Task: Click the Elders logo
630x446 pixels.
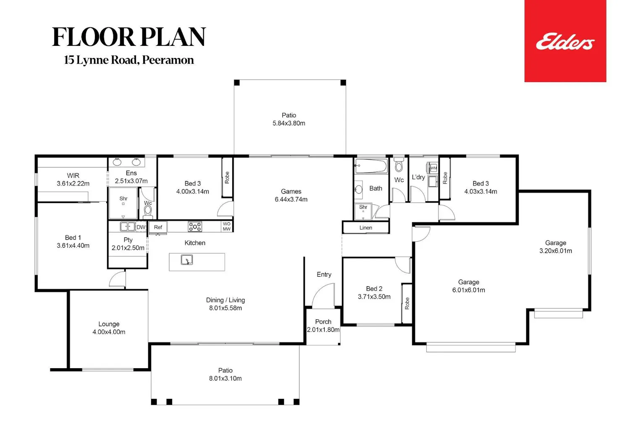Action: click(x=565, y=41)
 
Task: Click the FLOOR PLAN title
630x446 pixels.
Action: click(x=129, y=37)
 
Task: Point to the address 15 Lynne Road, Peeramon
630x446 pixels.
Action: click(x=129, y=60)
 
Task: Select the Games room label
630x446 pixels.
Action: click(x=291, y=191)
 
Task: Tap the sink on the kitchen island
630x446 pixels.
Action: click(x=187, y=260)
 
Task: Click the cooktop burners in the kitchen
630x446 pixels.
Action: click(x=195, y=227)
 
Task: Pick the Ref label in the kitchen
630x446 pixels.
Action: click(x=158, y=227)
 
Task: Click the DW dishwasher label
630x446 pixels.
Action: click(x=141, y=227)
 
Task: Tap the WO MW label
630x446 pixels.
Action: click(x=227, y=227)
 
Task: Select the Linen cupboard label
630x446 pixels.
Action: click(x=366, y=228)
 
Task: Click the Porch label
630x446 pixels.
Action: click(x=323, y=322)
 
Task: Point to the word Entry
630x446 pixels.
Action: click(x=324, y=274)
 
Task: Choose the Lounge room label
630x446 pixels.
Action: click(x=109, y=324)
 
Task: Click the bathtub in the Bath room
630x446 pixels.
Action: click(x=371, y=166)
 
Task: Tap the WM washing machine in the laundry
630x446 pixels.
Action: click(x=433, y=168)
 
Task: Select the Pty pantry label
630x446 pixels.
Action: click(x=128, y=240)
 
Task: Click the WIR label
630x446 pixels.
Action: click(x=73, y=176)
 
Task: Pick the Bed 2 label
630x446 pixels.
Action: click(x=374, y=289)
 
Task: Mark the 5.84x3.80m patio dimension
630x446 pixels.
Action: click(x=289, y=123)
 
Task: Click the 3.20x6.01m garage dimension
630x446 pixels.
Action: click(x=556, y=251)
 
